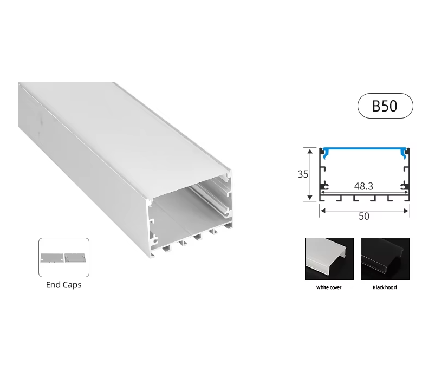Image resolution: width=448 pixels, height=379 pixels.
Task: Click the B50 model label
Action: coord(385,106)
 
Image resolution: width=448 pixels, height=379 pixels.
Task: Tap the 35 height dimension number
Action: coord(303,174)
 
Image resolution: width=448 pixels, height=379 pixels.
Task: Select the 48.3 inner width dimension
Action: coord(363,186)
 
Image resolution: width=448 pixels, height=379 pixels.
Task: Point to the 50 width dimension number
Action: coord(364,216)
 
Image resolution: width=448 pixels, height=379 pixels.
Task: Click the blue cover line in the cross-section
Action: coord(364,149)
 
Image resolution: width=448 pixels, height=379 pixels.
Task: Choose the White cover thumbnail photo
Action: coord(329,259)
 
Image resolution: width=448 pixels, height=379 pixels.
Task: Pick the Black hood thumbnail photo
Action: coord(385,259)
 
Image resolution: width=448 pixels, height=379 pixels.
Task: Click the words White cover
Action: coord(329,287)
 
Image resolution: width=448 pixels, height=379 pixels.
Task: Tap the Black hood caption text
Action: coord(385,287)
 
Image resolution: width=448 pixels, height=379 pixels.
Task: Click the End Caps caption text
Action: coord(64,285)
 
